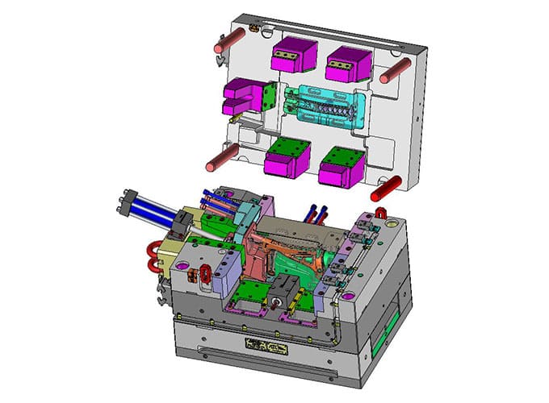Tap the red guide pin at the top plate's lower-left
[x=217, y=162]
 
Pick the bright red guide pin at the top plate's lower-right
[x=385, y=191]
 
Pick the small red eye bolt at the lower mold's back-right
[x=381, y=214]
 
